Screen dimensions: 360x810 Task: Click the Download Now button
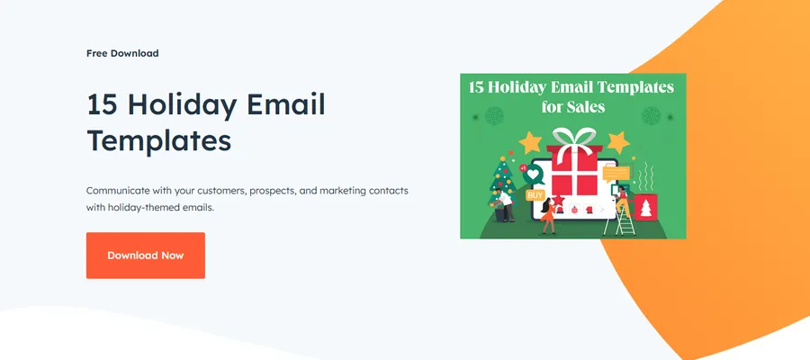click(145, 256)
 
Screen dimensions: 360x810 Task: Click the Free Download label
click(122, 53)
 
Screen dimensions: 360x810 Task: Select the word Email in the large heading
click(285, 104)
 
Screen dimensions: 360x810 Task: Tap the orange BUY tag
click(535, 194)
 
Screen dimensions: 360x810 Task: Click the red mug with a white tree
click(645, 207)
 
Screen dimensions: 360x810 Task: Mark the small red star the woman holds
click(557, 197)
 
